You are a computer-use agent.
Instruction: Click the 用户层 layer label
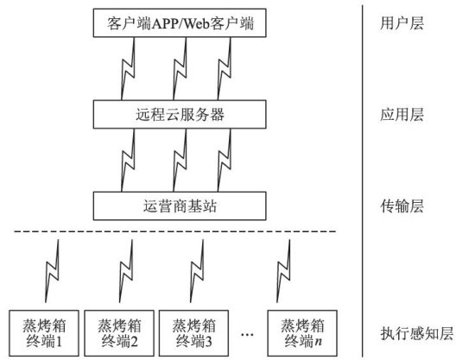tap(402, 23)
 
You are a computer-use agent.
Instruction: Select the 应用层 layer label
tap(402, 115)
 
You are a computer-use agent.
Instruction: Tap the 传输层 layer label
tap(402, 206)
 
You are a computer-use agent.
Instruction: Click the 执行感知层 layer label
tap(417, 333)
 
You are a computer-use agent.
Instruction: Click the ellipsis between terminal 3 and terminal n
tap(247, 334)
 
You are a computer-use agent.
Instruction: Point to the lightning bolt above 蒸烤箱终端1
tap(53, 271)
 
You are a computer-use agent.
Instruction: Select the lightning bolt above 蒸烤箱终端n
tap(283, 271)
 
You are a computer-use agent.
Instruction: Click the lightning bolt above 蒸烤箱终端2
tap(126, 271)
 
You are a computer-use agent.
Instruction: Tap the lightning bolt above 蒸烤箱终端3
tap(197, 271)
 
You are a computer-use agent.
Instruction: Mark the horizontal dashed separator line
tap(175, 231)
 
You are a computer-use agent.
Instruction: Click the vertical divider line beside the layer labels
tap(363, 181)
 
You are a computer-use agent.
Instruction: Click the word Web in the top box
tap(197, 23)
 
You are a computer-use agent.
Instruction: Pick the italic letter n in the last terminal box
tap(319, 341)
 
